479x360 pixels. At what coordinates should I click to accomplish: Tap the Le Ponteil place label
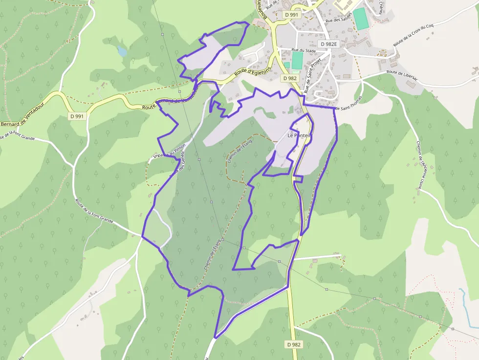299,135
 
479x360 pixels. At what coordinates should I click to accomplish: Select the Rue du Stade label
304,50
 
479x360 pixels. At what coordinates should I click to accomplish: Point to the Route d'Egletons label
252,71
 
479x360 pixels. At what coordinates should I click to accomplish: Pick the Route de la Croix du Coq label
413,35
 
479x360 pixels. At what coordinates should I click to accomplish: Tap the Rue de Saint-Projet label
311,74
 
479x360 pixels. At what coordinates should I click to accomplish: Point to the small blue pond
122,51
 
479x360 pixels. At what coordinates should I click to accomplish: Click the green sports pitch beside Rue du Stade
297,61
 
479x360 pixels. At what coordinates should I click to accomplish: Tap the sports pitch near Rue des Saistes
361,19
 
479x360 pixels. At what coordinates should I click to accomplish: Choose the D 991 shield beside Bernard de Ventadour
77,116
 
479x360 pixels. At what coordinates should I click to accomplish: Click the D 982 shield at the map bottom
294,344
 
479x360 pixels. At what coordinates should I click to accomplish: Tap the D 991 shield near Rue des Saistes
291,15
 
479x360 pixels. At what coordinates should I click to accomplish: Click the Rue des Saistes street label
339,19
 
